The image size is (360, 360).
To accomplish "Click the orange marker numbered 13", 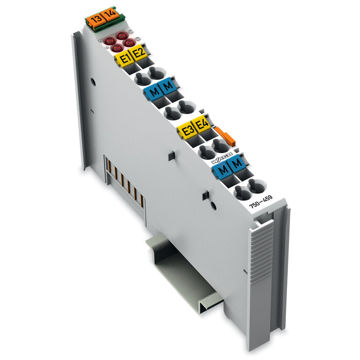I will coord(95,20).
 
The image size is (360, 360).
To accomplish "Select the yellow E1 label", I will coord(123,58).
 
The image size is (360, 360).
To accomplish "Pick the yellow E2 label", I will coord(139,52).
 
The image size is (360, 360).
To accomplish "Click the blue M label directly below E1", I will coord(152,93).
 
